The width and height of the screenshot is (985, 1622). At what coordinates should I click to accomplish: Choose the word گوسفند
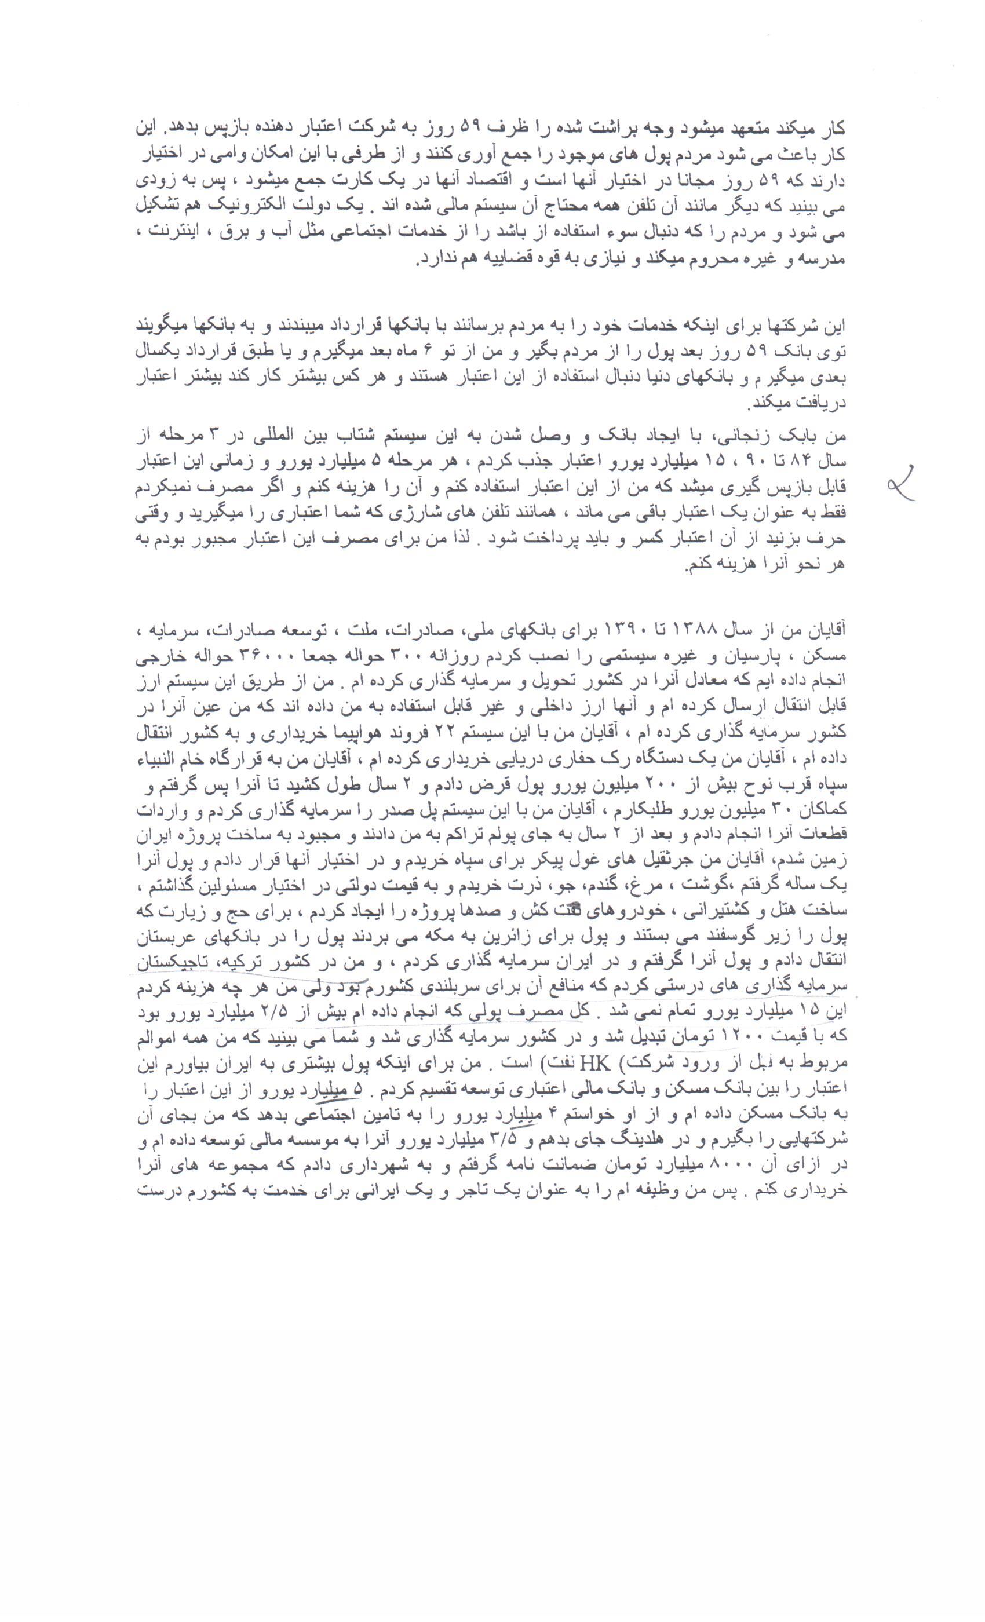pos(750,943)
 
